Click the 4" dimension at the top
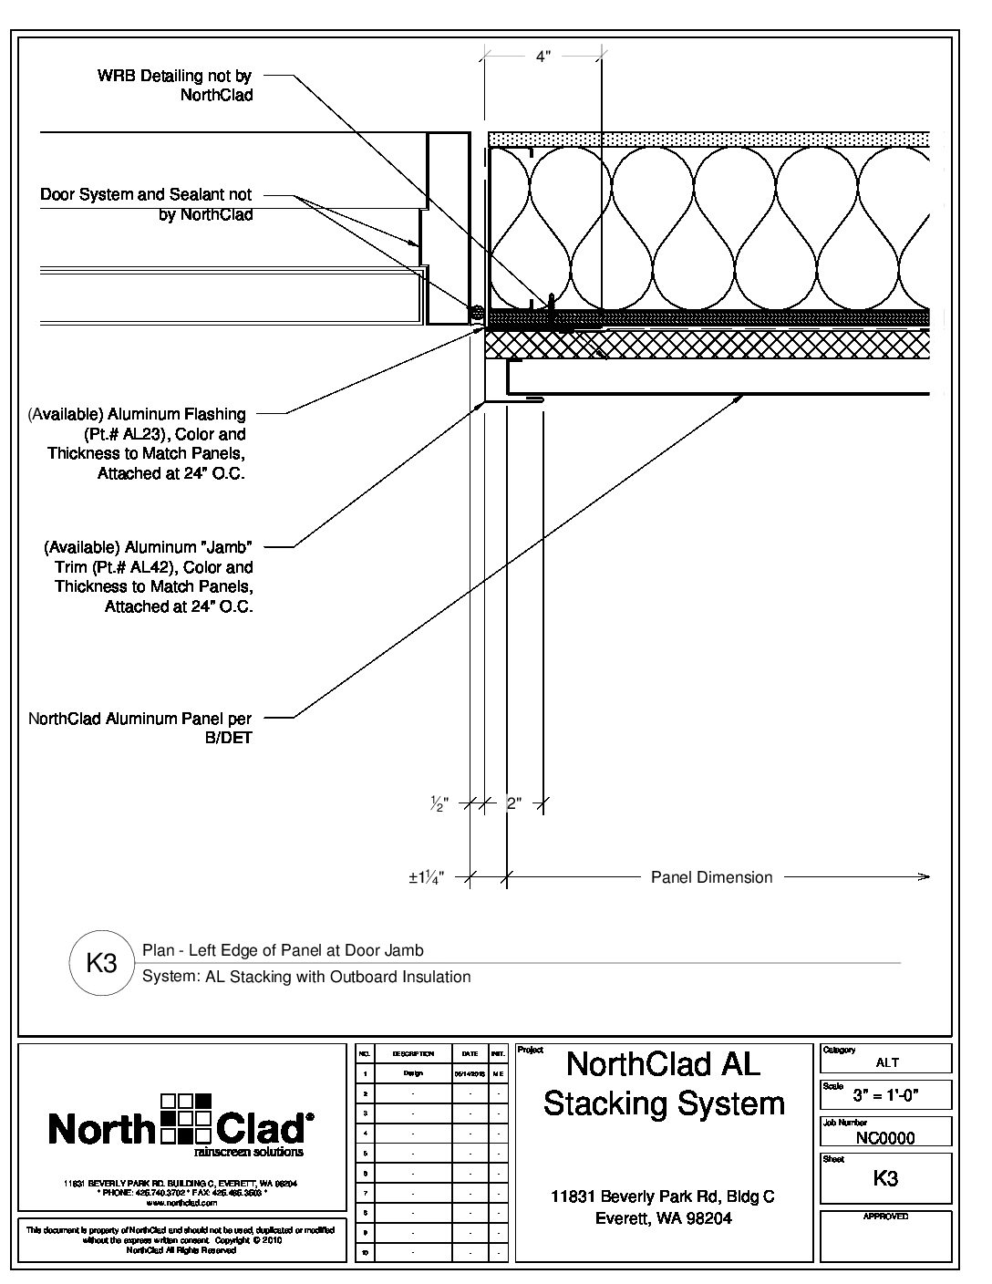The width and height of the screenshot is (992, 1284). (x=542, y=57)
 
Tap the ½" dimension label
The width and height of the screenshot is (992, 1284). (x=439, y=804)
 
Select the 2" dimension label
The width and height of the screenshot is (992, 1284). (x=513, y=804)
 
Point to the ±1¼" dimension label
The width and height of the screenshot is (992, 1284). (x=426, y=878)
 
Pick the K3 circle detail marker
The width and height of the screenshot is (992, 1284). (x=101, y=963)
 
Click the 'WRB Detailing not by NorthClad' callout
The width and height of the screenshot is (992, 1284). (x=174, y=86)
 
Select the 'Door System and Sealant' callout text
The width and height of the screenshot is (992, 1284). (x=146, y=204)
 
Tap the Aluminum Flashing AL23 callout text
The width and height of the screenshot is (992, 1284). (x=137, y=444)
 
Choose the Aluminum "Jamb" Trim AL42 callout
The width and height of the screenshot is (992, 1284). (x=148, y=576)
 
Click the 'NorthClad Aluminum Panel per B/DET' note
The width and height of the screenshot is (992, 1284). (x=139, y=728)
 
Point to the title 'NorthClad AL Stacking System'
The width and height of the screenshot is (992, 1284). (x=664, y=1082)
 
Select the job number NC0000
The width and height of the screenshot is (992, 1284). (x=885, y=1137)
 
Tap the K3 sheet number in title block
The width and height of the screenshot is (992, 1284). (x=885, y=1177)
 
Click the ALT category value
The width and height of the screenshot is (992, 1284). (x=886, y=1062)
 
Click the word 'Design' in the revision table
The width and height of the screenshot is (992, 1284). (x=413, y=1073)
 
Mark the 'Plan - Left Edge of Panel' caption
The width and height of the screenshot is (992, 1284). (x=283, y=950)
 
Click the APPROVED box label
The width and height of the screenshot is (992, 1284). (x=885, y=1217)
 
